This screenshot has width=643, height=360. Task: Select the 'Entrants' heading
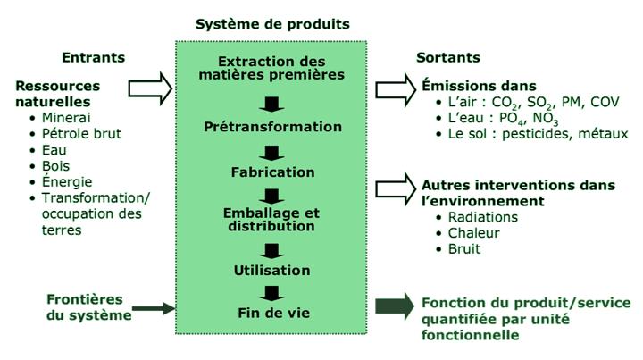pos(93,58)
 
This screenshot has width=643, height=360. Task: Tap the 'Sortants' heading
pos(448,58)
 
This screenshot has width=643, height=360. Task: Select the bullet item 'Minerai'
pos(67,117)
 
